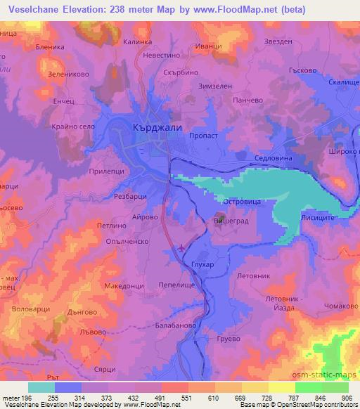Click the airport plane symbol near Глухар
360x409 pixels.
pyautogui.click(x=184, y=247)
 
